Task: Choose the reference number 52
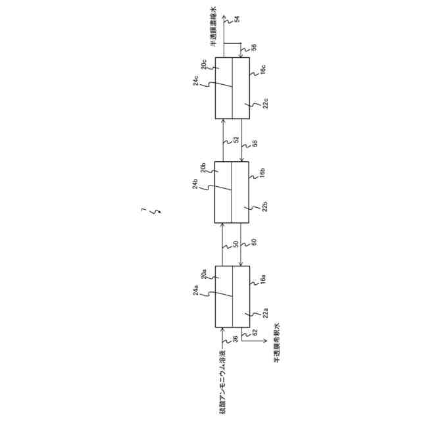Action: click(236, 139)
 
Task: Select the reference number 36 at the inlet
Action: click(235, 339)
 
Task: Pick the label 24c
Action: click(196, 82)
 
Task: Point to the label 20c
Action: click(205, 64)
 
